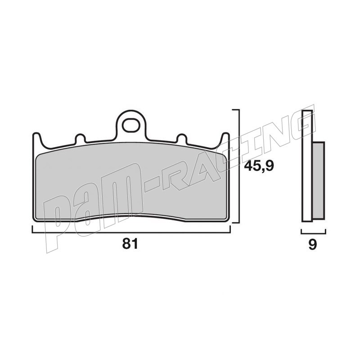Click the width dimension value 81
point(130,243)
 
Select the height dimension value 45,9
point(259,166)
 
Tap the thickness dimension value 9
point(313,244)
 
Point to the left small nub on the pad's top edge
point(81,138)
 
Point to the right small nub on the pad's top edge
point(182,138)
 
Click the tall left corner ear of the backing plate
point(37,140)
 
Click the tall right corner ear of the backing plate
point(225,140)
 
